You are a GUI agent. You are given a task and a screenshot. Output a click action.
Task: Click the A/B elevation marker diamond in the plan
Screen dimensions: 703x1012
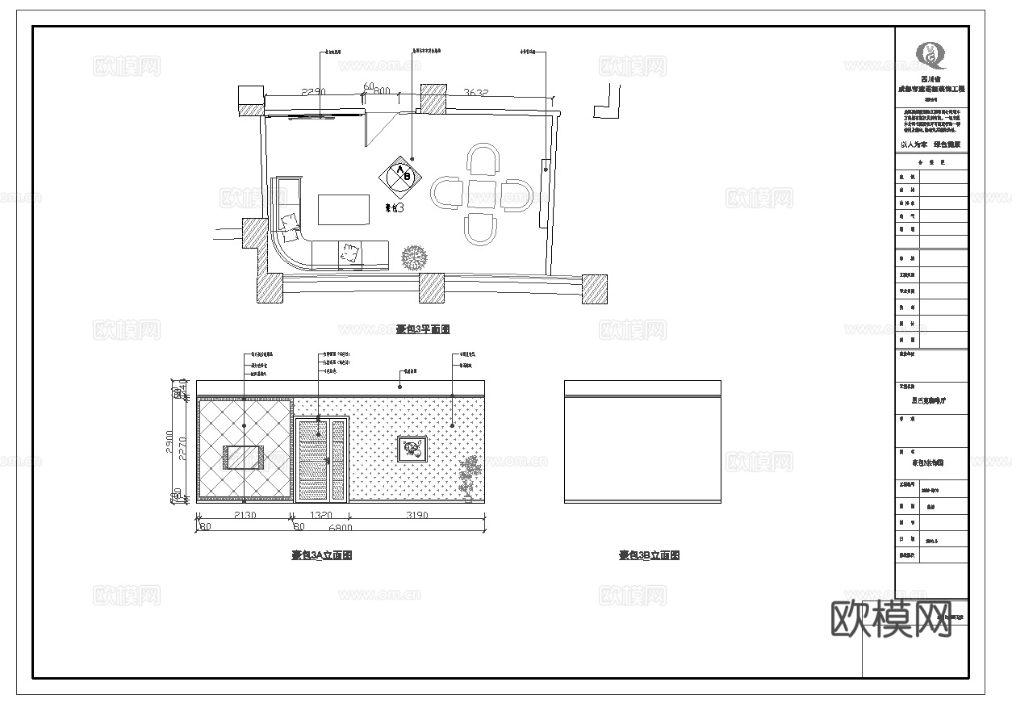(401, 175)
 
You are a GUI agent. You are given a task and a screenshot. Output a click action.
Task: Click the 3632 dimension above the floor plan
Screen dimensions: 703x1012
(475, 93)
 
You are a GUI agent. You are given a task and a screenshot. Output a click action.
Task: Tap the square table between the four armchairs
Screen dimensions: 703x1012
(482, 195)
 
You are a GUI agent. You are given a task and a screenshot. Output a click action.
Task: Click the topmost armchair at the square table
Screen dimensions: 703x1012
(484, 160)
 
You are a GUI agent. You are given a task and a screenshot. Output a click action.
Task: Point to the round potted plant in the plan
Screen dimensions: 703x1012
(414, 257)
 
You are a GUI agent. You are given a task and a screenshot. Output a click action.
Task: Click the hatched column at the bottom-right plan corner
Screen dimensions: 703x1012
(595, 288)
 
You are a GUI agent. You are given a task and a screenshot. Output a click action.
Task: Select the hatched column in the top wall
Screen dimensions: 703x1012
(433, 98)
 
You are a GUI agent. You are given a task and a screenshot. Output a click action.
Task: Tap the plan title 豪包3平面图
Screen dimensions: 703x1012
(422, 329)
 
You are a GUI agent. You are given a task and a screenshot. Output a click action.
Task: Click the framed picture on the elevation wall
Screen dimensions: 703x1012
(412, 449)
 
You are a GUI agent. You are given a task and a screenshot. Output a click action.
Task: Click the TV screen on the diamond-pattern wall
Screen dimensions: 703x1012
(245, 458)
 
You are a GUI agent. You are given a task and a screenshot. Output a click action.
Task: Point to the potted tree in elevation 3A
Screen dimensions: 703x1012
(468, 478)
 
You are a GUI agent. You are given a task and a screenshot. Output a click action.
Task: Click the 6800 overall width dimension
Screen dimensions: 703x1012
(341, 529)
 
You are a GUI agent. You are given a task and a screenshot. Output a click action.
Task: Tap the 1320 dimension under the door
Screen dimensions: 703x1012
(321, 515)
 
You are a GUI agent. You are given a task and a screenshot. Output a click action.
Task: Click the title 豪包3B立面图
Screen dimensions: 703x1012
(649, 555)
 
